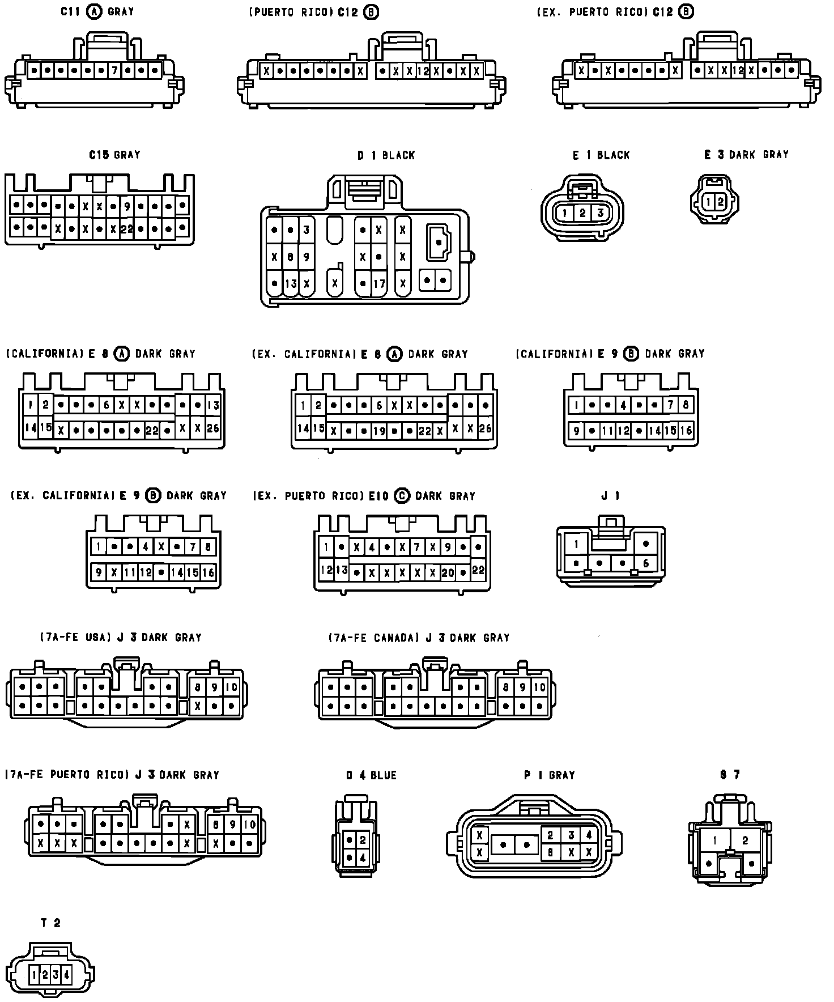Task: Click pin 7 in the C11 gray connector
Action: [x=114, y=71]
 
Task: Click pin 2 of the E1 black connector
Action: [x=582, y=213]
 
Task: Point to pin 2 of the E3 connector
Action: [x=720, y=201]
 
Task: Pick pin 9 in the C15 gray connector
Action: [x=127, y=207]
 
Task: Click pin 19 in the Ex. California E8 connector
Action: [x=378, y=431]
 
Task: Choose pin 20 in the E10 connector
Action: [x=448, y=572]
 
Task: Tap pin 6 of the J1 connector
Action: [x=645, y=563]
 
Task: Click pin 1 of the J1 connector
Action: [x=576, y=544]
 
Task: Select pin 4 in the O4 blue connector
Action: [x=363, y=858]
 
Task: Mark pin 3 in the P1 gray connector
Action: [x=571, y=835]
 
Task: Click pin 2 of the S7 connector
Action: [x=745, y=840]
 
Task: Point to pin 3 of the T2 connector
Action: [x=56, y=975]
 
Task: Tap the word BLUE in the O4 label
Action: [x=383, y=775]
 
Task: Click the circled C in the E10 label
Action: [x=401, y=495]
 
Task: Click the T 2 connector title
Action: [x=50, y=923]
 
